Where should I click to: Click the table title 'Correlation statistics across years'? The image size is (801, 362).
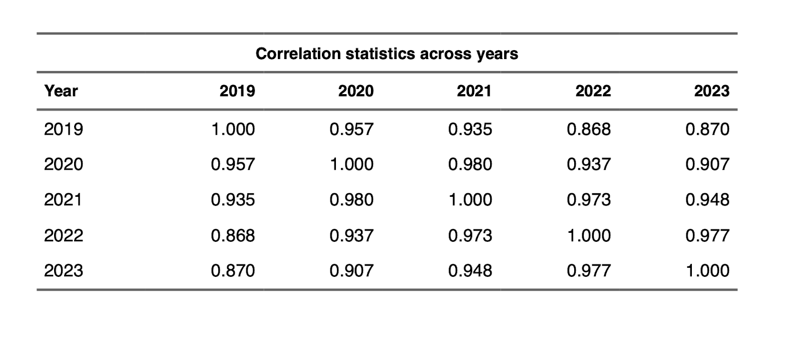coord(386,54)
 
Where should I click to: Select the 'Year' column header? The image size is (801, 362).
coord(61,91)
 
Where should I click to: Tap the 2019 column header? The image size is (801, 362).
coord(237,91)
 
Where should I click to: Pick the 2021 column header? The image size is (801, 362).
coord(474,91)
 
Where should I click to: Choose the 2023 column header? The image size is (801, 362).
coord(711,91)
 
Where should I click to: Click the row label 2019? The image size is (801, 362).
coord(64,130)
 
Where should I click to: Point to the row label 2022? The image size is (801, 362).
coord(64,235)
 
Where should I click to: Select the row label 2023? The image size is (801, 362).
coord(64,271)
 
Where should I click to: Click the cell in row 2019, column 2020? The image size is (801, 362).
coord(351,130)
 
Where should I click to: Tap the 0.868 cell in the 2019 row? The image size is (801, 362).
coord(589,130)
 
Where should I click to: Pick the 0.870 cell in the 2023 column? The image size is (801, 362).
coord(707,130)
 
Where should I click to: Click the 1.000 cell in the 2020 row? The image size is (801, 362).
coord(351,165)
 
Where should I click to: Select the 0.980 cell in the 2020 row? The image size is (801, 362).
coord(470,165)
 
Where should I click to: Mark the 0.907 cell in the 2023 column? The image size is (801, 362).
coord(707,165)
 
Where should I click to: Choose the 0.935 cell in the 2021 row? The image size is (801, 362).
coord(233,200)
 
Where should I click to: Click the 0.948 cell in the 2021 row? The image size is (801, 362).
coord(707,200)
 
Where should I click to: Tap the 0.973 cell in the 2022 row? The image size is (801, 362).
coord(470,235)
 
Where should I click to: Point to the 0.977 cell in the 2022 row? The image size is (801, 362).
coord(707,235)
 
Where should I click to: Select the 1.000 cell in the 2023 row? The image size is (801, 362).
coord(707,271)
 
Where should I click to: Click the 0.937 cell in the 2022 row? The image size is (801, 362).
coord(351,235)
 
